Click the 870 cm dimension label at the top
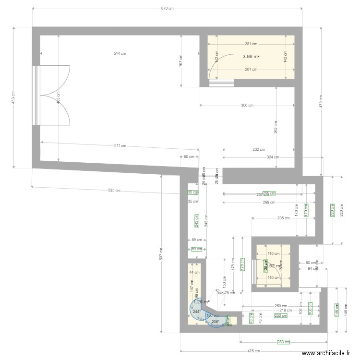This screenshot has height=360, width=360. click(x=168, y=9)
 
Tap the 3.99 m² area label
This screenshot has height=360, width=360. click(x=251, y=56)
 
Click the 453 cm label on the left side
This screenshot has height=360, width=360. click(x=13, y=97)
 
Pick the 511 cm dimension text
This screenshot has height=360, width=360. click(x=120, y=145)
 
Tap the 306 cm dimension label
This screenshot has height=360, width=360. click(x=247, y=105)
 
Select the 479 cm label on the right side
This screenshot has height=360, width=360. click(x=321, y=101)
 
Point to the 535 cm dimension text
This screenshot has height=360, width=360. click(x=114, y=190)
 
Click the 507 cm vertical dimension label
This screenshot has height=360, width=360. click(x=162, y=253)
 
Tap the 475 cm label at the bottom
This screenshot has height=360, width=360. click(x=254, y=351)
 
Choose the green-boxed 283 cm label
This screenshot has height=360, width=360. click(x=283, y=342)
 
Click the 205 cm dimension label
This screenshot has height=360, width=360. click(x=284, y=218)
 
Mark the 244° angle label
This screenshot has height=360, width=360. click(x=197, y=312)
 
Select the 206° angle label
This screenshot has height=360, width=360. click(x=216, y=322)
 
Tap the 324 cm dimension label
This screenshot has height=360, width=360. click(x=273, y=157)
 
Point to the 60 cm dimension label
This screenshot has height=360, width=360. click(x=189, y=156)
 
